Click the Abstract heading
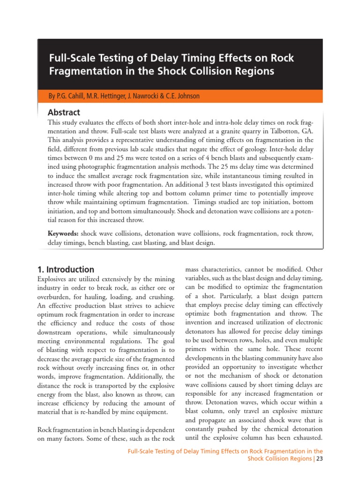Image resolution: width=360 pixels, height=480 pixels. [x=64, y=112]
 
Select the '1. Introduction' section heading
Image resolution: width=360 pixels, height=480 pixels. [x=66, y=270]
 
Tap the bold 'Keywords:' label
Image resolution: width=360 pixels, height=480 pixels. [x=63, y=233]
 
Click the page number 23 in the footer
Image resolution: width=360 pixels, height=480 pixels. [x=320, y=459]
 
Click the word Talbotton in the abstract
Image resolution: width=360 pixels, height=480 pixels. [x=279, y=132]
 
